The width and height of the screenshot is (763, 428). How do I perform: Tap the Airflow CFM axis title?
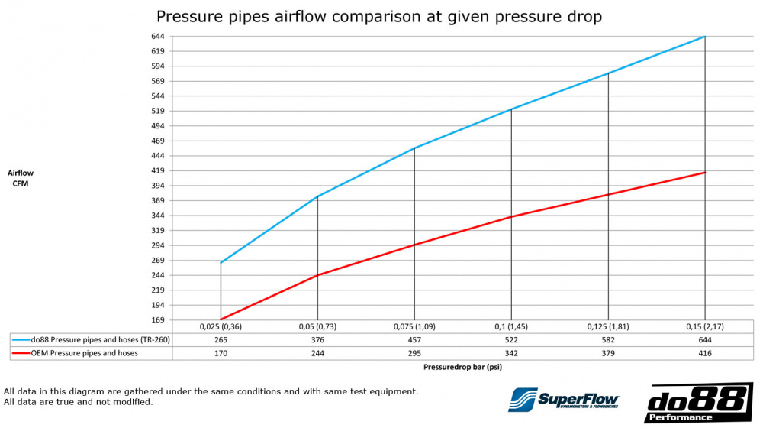[x=21, y=178]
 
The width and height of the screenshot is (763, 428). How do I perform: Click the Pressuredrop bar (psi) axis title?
[x=462, y=367]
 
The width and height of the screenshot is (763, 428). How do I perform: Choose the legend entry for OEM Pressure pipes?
[x=79, y=352]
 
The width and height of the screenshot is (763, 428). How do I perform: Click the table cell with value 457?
[x=414, y=339]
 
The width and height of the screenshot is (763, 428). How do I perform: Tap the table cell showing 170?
[x=221, y=352]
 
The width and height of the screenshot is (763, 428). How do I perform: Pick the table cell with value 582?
[x=608, y=339]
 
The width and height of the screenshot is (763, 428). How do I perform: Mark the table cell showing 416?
[x=705, y=352]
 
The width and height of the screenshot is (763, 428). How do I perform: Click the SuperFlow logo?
[x=565, y=400]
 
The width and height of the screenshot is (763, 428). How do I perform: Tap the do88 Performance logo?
[x=699, y=403]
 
